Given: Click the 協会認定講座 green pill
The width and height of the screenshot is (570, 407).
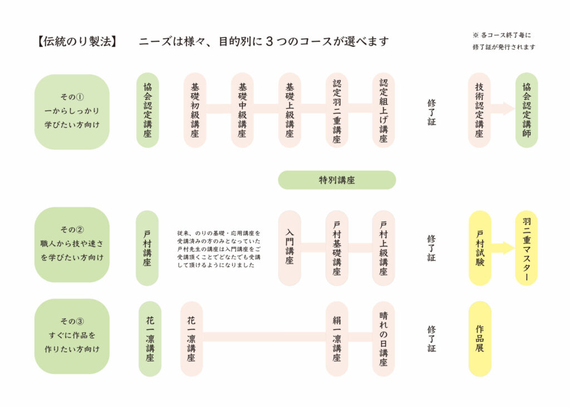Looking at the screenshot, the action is tap(148, 110).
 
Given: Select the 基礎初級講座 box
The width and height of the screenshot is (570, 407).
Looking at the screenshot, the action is tap(195, 110).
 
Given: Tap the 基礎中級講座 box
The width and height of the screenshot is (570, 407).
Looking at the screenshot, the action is tap(242, 110).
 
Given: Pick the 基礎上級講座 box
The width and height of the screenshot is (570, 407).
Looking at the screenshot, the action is tap(289, 110).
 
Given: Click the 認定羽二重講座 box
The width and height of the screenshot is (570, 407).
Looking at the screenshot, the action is tap(337, 110).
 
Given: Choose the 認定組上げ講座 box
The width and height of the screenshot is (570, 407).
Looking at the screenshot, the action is tap(384, 110).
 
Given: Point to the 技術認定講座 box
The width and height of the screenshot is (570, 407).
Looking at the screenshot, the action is tap(479, 110).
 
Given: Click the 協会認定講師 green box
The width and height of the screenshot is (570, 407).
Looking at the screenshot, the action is tap(527, 110).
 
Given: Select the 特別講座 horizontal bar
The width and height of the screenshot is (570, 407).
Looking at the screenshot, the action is tap(337, 180).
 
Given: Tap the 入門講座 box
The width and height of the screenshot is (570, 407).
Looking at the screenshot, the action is tap(289, 248).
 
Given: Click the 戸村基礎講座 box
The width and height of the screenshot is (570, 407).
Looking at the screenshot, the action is tap(337, 248).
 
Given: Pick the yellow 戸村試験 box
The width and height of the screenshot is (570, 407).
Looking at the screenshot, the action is tap(480, 248).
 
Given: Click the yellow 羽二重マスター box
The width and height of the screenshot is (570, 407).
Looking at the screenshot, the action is tap(527, 248).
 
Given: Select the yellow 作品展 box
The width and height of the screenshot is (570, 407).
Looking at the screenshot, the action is tap(480, 338).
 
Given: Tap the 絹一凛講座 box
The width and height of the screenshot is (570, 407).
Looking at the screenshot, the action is tap(337, 338).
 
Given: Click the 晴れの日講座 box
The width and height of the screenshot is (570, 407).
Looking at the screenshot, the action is tap(384, 338).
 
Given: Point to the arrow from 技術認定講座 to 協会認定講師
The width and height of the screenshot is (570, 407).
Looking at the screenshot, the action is tap(503, 109).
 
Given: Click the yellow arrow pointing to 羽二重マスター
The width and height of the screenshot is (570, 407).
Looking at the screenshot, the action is tap(503, 248).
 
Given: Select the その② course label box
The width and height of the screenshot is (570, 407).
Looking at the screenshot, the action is tap(72, 245).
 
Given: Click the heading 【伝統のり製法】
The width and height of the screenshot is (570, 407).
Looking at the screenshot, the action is tap(77, 41).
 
